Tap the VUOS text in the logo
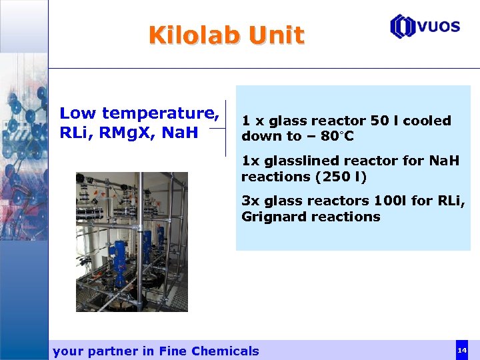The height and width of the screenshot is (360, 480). [438, 27]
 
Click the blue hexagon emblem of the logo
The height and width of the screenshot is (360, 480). [402, 27]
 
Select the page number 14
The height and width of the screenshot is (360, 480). [461, 350]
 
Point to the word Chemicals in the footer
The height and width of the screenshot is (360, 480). [225, 351]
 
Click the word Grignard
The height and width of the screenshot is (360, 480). [274, 217]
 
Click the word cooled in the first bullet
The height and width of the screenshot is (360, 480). [427, 121]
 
